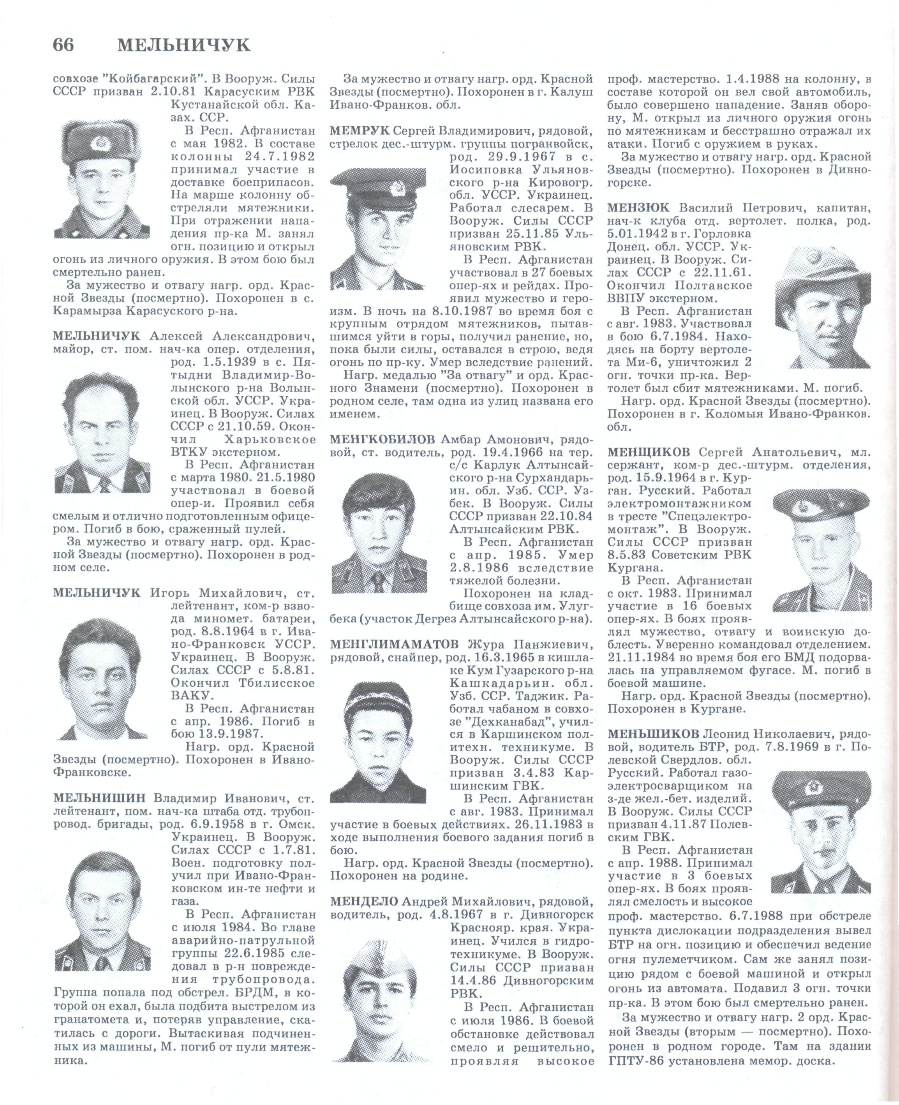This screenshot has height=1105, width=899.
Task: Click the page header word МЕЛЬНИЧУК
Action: [x=184, y=46]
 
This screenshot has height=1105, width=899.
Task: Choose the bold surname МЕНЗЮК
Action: [x=638, y=209]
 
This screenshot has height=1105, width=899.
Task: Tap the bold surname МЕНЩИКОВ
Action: [x=649, y=452]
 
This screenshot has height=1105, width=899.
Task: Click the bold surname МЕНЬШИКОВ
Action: [x=654, y=734]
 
